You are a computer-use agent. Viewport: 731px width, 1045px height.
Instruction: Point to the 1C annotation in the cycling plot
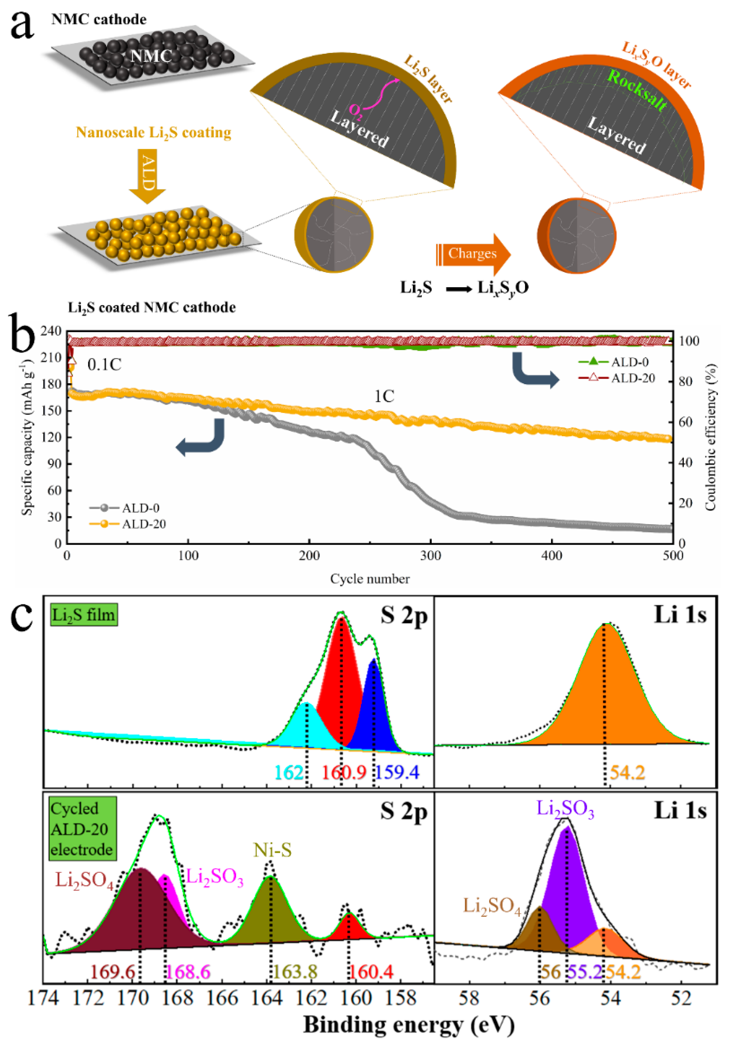pos(384,396)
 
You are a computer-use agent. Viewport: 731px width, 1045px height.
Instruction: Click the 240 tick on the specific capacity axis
pos(51,331)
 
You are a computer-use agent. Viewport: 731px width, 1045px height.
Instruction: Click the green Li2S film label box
pos(83,615)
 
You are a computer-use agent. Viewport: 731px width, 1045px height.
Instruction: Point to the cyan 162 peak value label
pos(288,772)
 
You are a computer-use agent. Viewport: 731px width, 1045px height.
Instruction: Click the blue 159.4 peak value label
pos(398,772)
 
